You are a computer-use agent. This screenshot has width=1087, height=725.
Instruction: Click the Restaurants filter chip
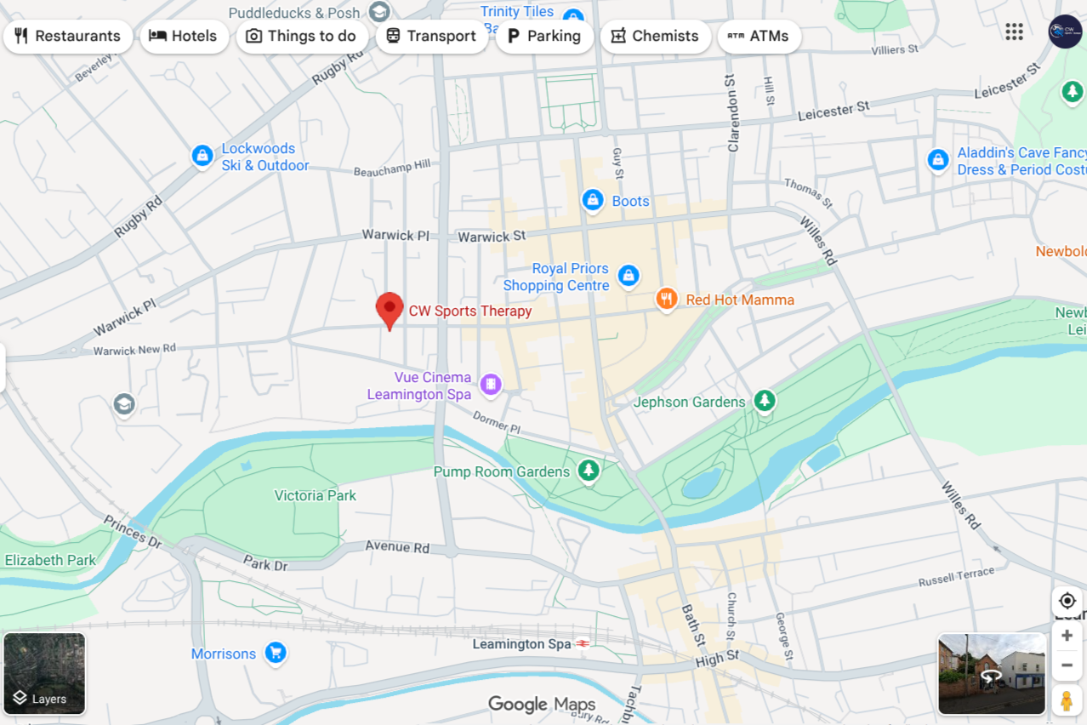coord(67,37)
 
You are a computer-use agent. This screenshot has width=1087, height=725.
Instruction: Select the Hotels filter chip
coord(184,37)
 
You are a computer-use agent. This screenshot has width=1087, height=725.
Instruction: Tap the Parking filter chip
coord(543,37)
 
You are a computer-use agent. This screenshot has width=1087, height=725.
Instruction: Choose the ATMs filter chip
coord(759,37)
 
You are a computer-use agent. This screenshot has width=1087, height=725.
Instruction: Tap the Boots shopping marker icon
coord(593,201)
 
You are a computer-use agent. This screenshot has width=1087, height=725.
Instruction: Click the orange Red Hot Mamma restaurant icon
coord(667,299)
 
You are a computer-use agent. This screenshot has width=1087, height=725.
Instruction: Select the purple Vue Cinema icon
coord(490,385)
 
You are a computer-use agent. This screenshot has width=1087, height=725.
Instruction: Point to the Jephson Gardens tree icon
coord(765,401)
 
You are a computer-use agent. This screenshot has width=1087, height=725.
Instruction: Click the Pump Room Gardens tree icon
coord(588,471)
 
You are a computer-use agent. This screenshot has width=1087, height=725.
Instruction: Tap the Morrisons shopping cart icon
coord(275,653)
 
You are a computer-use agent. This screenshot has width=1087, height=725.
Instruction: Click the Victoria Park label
coord(315,495)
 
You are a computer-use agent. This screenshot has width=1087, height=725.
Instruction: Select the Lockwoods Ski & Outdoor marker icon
coord(202,156)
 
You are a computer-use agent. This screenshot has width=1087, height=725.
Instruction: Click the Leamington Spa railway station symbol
coord(583,643)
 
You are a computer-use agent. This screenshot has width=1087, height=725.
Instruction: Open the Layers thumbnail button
coord(44,673)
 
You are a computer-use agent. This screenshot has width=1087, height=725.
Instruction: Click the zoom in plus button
coord(1067,636)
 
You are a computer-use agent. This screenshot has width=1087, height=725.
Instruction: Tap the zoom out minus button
coord(1067,665)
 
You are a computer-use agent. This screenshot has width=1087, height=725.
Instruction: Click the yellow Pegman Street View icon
coord(1067,700)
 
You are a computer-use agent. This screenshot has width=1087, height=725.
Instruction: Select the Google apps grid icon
coord(1014,31)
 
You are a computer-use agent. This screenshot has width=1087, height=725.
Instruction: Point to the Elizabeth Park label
coord(50,560)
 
